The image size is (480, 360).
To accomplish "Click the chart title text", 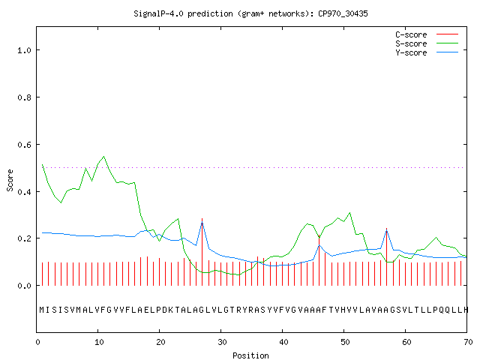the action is tap(250, 13).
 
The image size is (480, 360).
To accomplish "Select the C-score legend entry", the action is tap(427, 34).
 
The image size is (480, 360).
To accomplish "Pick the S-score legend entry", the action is tap(427, 43).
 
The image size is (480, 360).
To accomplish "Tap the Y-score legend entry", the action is tap(427, 52).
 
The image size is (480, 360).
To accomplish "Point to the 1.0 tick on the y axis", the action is tap(24, 50).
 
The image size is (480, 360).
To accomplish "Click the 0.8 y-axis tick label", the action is tap(24, 97).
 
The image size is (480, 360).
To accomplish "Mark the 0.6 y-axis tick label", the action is tap(24, 145).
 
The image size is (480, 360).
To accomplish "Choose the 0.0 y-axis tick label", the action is tap(24, 286).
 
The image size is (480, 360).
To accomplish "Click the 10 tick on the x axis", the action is tap(99, 342).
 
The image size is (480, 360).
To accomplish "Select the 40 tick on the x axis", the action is tap(283, 342).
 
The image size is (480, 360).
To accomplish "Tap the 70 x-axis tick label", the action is tap(468, 342).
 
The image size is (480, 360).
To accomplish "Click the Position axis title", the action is tap(250, 355).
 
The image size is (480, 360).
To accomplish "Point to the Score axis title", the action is tap(10, 180).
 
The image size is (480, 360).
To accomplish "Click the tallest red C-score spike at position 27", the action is tap(202, 252).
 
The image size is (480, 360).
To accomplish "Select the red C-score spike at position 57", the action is tap(387, 256).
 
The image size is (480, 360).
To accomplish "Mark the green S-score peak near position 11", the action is tap(103, 157).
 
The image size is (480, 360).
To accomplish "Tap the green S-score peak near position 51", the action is tap(350, 213).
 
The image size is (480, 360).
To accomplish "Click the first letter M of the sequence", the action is tap(42, 310).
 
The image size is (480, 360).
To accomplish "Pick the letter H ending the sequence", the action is tap(466, 310).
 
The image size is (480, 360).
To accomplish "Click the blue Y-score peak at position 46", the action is tap(319, 245).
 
